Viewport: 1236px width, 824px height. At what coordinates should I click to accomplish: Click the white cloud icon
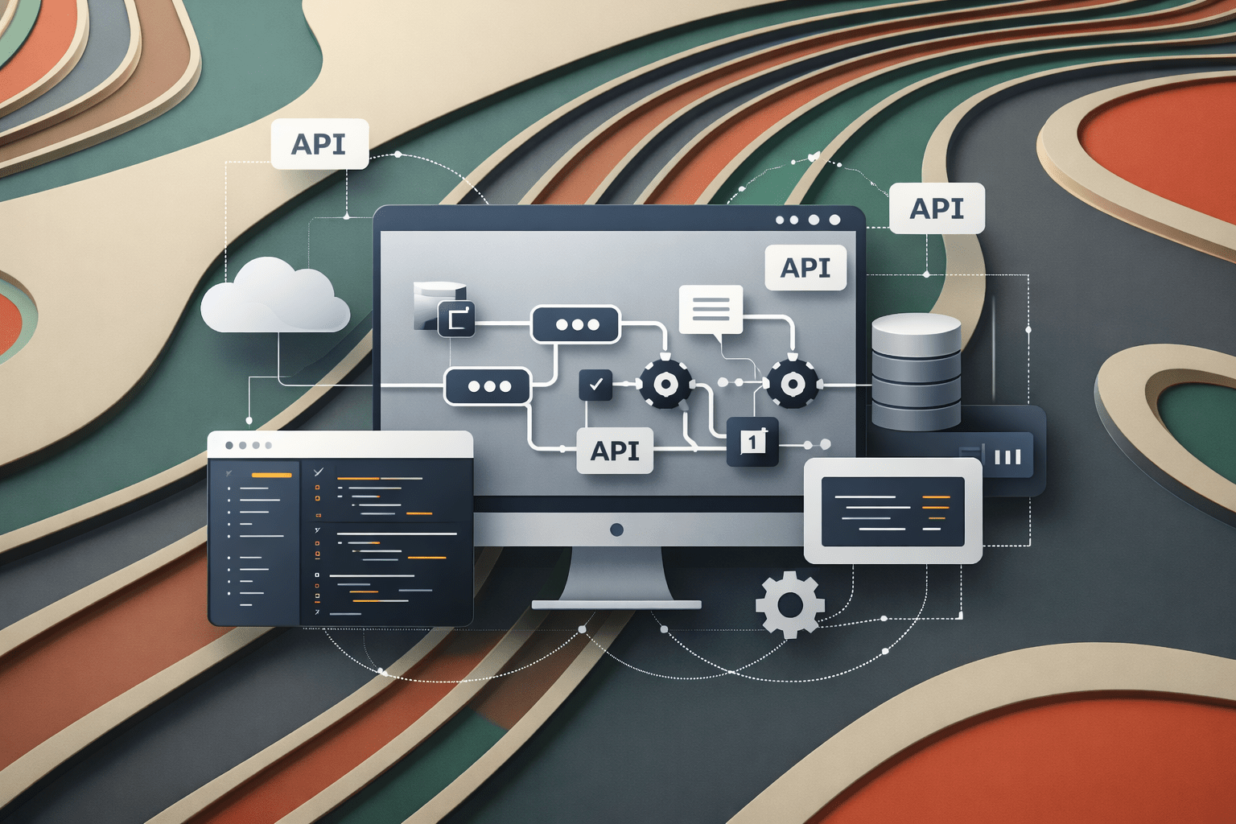click(x=275, y=298)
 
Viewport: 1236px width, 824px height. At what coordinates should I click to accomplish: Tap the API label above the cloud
click(x=319, y=144)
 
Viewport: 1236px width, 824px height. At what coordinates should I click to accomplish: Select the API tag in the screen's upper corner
click(x=805, y=267)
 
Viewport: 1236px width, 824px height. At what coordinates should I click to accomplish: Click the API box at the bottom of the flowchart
click(x=615, y=451)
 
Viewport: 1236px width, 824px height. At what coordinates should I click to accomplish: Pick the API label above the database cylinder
click(x=937, y=208)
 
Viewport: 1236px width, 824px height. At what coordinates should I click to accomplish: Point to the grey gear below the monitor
click(x=789, y=604)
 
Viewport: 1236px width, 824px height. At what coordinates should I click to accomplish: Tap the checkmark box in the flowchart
click(x=595, y=385)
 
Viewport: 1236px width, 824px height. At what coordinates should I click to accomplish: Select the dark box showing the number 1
click(x=752, y=442)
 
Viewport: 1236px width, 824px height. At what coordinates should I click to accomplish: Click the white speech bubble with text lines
click(x=711, y=310)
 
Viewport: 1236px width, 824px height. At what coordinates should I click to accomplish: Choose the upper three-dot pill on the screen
click(x=575, y=324)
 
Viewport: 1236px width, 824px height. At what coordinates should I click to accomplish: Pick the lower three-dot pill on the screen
click(x=488, y=386)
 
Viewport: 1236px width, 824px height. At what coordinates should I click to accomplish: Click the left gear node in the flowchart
click(x=665, y=385)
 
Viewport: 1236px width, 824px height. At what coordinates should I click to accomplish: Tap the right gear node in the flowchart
click(x=793, y=384)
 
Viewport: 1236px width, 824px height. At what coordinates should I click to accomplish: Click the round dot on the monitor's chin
click(x=617, y=529)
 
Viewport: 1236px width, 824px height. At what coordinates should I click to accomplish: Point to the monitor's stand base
click(x=616, y=604)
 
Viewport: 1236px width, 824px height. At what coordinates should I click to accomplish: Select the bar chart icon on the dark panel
click(x=1007, y=456)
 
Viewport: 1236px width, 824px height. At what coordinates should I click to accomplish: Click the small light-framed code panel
click(x=892, y=510)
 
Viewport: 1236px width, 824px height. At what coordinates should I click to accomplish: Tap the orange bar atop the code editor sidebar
click(x=271, y=475)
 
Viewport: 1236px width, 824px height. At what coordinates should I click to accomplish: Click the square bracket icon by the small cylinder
click(x=456, y=319)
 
